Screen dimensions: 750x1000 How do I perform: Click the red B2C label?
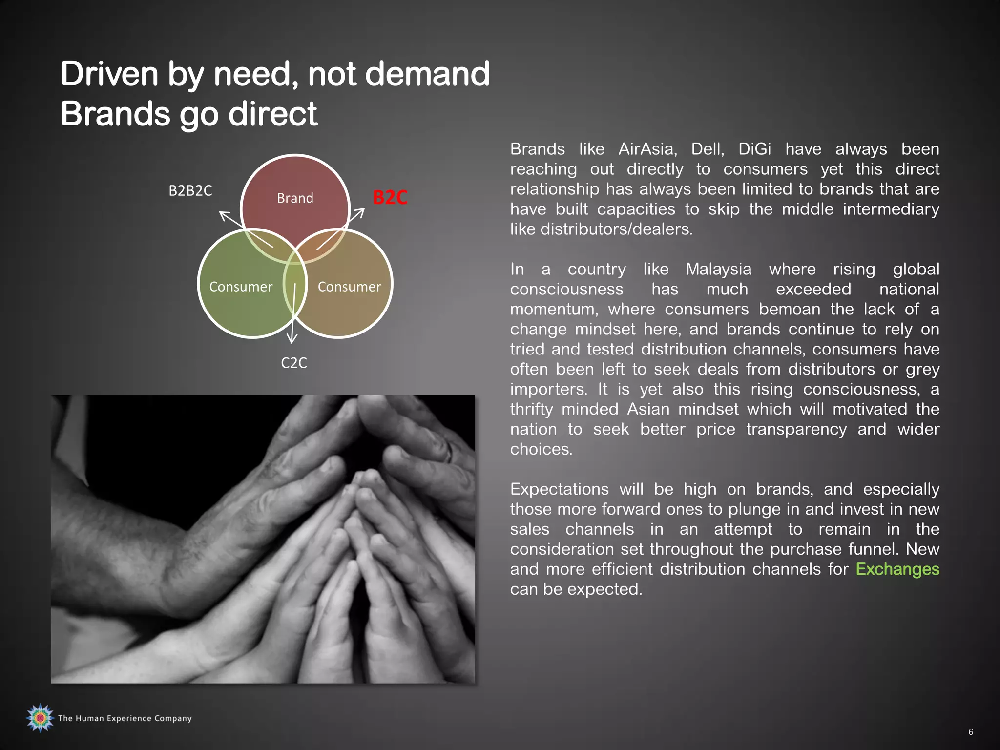pos(390,197)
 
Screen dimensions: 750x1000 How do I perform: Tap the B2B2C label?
pos(190,190)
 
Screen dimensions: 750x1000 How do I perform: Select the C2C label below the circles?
pos(294,363)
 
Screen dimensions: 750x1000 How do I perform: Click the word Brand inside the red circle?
pos(295,198)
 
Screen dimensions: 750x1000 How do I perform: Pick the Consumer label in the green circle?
pos(241,287)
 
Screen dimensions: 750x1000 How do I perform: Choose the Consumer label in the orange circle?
pos(349,287)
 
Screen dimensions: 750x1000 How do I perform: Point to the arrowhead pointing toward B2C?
pos(360,213)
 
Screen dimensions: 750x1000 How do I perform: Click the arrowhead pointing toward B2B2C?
pos(224,215)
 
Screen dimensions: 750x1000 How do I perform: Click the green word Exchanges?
pos(897,569)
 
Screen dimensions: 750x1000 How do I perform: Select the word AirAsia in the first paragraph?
pos(647,149)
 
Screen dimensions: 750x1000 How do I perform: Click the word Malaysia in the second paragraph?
pos(719,269)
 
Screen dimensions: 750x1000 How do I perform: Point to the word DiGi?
pos(754,149)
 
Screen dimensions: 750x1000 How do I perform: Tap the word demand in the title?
pos(427,74)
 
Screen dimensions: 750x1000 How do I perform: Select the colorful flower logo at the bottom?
pos(40,718)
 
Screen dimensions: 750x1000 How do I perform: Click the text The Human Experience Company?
pos(125,718)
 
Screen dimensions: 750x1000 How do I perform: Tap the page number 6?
pos(971,732)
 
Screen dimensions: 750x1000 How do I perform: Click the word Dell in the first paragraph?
pos(707,149)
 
